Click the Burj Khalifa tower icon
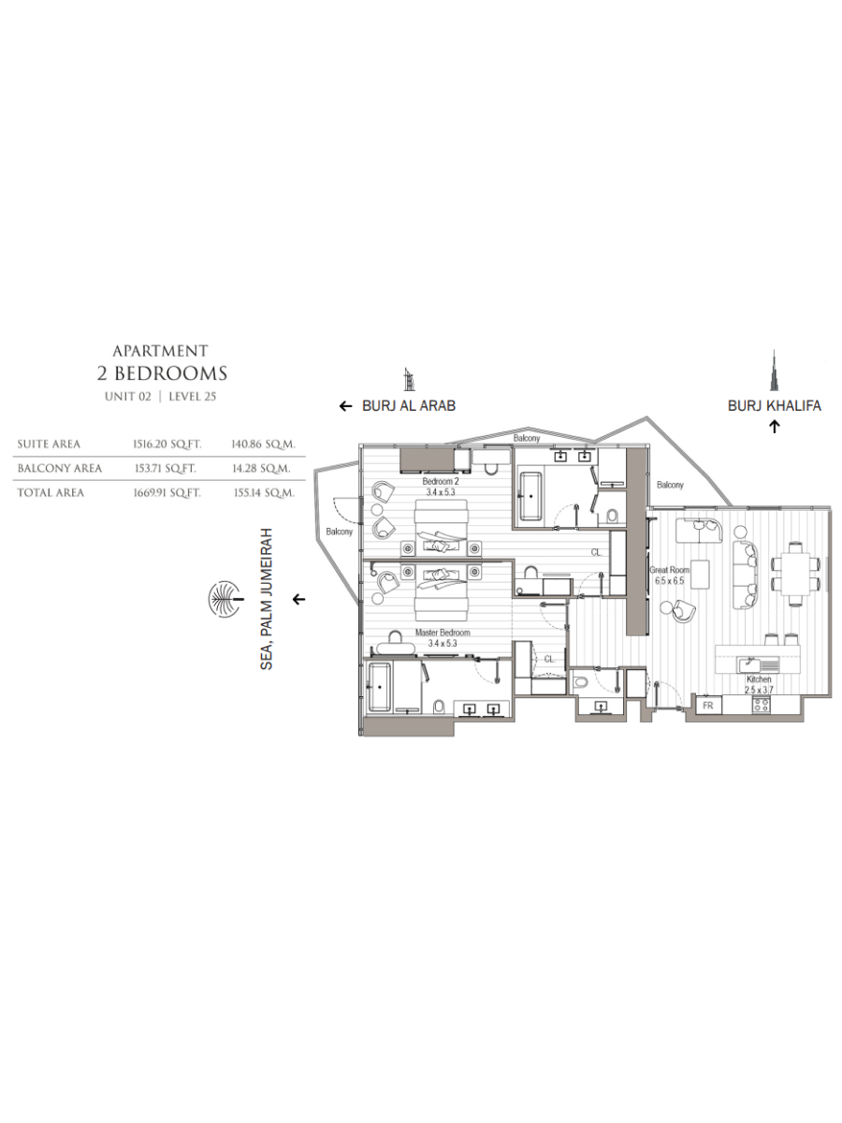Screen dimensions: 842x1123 click(x=774, y=372)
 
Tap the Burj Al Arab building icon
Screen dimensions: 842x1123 click(x=408, y=380)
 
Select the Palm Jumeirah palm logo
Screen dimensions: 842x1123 click(x=225, y=599)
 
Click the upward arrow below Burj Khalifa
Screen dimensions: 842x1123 click(x=775, y=427)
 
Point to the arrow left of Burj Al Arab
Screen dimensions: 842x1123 click(x=346, y=407)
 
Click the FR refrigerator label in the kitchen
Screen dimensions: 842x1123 click(x=707, y=706)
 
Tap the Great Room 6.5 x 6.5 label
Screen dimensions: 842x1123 click(x=669, y=576)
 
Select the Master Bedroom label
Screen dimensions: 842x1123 click(x=443, y=633)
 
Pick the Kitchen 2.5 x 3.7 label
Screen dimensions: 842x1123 click(x=759, y=684)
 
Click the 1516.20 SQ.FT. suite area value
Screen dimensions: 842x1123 click(x=167, y=445)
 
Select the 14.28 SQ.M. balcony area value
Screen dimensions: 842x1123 click(x=262, y=469)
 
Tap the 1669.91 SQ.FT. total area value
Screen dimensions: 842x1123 click(x=167, y=493)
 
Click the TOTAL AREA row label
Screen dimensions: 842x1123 click(x=51, y=493)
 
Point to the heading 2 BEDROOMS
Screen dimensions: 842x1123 click(x=162, y=373)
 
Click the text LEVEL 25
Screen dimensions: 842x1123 click(x=192, y=397)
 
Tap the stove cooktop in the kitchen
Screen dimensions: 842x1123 click(x=761, y=705)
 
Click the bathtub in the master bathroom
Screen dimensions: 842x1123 click(x=380, y=687)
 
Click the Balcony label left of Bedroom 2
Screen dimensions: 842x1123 click(x=340, y=532)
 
